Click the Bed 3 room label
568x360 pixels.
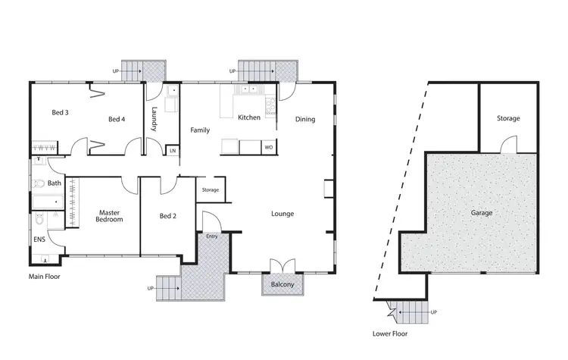(61, 113)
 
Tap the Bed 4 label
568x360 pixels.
(116, 119)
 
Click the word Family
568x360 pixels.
(200, 130)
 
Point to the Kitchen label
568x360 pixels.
(249, 118)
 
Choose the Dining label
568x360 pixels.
(305, 119)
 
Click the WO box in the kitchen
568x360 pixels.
(268, 147)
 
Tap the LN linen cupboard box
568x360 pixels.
(173, 151)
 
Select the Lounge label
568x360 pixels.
(282, 214)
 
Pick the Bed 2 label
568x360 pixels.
(168, 216)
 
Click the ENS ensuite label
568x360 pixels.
(39, 239)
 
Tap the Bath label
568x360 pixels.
(54, 183)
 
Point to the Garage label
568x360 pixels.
(482, 213)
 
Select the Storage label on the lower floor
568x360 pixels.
(508, 118)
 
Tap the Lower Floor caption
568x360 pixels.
(391, 333)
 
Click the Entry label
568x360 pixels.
(211, 236)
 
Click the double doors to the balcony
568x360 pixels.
(282, 267)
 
